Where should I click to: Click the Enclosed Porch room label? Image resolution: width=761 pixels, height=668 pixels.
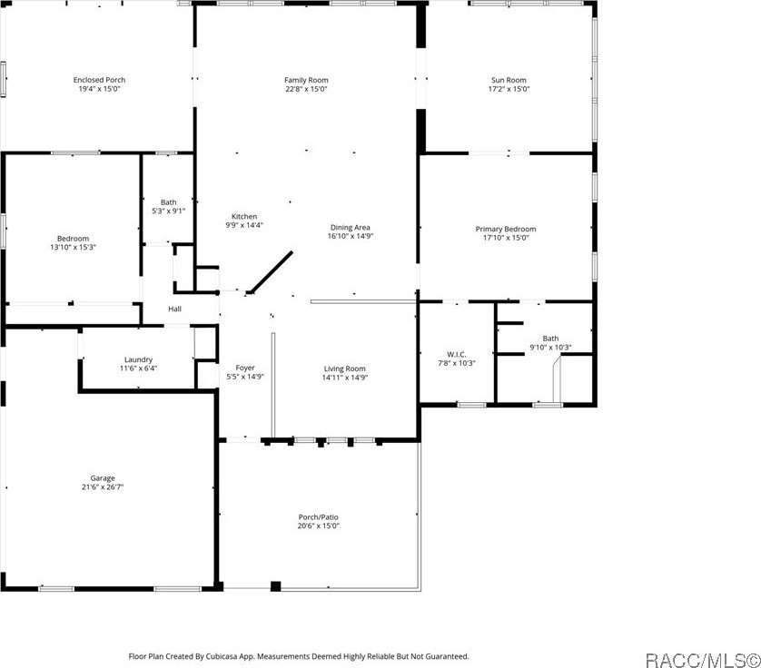(x=100, y=80)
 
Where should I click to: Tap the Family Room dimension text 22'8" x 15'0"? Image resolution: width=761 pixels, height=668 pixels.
(x=306, y=89)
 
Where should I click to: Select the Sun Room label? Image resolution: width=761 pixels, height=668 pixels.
(x=509, y=80)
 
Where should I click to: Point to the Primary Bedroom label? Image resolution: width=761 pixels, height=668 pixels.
(x=506, y=229)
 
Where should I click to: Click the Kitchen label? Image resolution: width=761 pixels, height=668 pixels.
(x=244, y=216)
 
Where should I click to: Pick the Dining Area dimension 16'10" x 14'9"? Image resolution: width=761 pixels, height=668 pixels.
(x=351, y=236)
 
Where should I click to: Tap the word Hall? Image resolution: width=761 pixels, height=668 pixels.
(x=174, y=309)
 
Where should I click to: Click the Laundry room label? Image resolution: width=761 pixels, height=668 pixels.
(x=138, y=359)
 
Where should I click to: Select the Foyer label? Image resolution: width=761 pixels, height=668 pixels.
(x=245, y=368)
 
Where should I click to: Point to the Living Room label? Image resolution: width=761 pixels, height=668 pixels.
(x=344, y=368)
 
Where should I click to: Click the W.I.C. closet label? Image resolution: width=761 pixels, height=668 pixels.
(x=456, y=355)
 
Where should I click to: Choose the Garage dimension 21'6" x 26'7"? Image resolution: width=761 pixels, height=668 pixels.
(x=103, y=487)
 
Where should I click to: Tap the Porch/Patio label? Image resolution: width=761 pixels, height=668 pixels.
(x=319, y=517)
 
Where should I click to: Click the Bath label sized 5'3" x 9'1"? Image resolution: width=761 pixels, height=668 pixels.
(x=168, y=202)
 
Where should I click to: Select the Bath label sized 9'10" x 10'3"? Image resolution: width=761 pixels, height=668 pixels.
(x=550, y=339)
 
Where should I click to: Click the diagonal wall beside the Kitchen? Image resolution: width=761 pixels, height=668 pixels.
(x=272, y=272)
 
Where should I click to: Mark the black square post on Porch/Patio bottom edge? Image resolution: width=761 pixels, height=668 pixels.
(x=276, y=586)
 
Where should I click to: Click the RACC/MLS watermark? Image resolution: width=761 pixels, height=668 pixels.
(x=703, y=660)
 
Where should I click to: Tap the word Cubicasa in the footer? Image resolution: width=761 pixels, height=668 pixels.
(x=222, y=656)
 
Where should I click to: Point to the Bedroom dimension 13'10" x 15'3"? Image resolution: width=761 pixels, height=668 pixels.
(x=73, y=248)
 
